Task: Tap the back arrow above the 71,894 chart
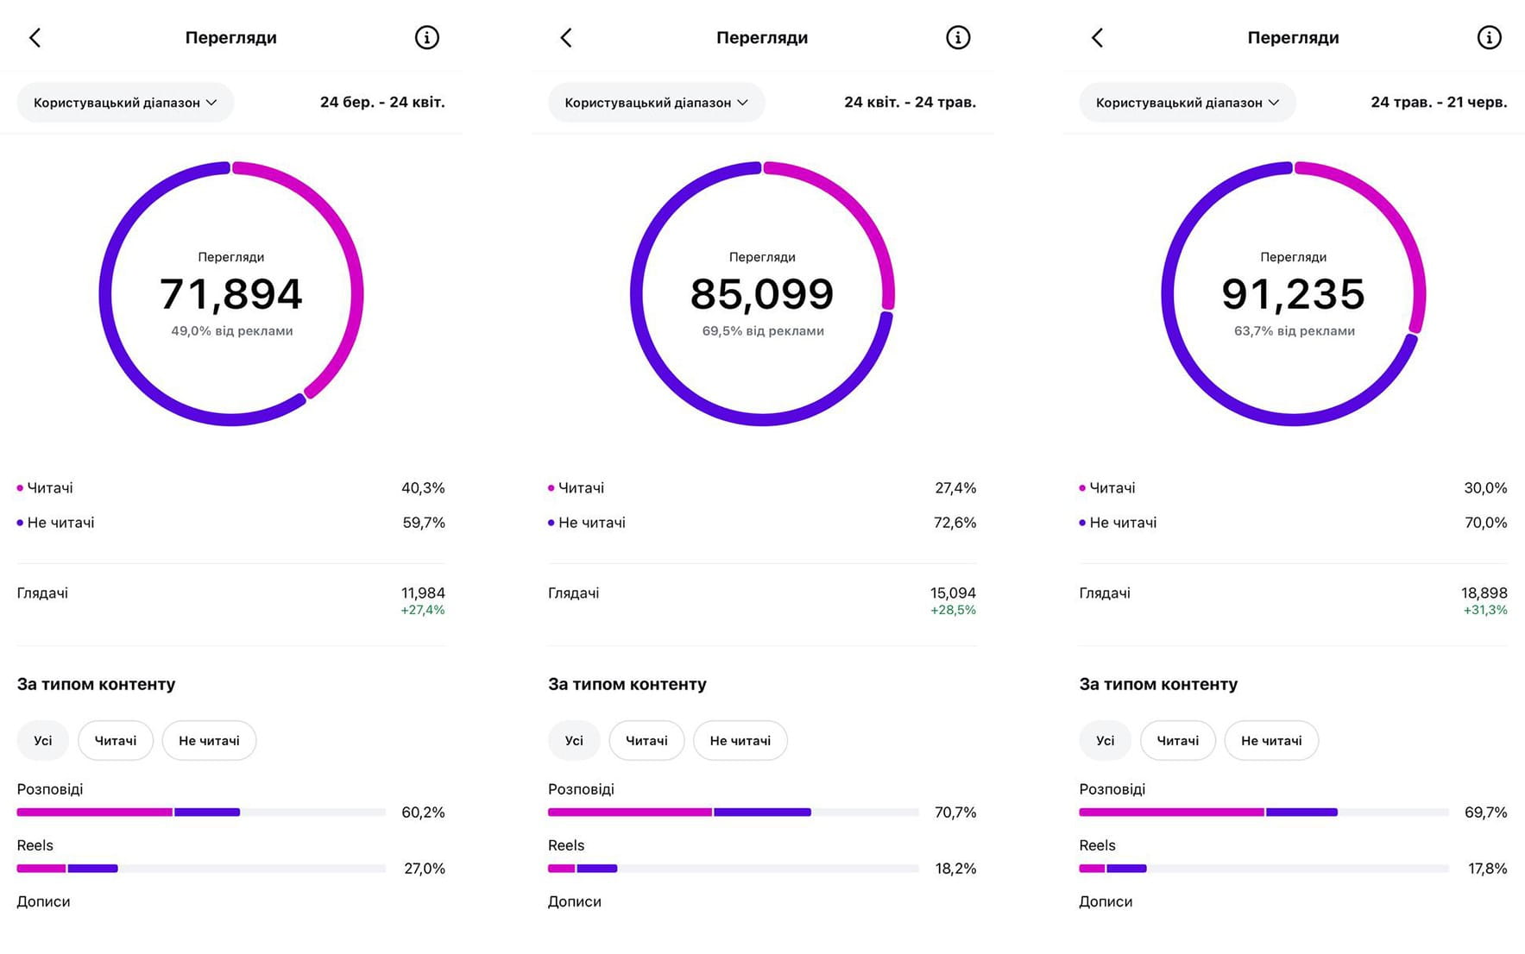35,37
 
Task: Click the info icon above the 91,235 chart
1489,37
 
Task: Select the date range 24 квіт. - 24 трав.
910,102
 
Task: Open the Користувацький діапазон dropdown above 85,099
656,103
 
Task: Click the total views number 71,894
231,294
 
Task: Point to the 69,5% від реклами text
763,331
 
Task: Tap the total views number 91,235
1293,294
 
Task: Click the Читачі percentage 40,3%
423,488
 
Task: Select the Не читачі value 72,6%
955,523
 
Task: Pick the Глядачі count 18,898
1484,593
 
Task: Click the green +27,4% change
423,610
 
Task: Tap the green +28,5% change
953,610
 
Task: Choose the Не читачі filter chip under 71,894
209,741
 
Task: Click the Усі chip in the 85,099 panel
574,741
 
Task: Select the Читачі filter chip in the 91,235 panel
1177,741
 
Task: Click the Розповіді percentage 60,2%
423,813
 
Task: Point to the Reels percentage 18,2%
955,869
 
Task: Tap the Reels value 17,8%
1487,869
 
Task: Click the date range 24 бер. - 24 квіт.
382,102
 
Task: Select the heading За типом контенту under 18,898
1158,684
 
